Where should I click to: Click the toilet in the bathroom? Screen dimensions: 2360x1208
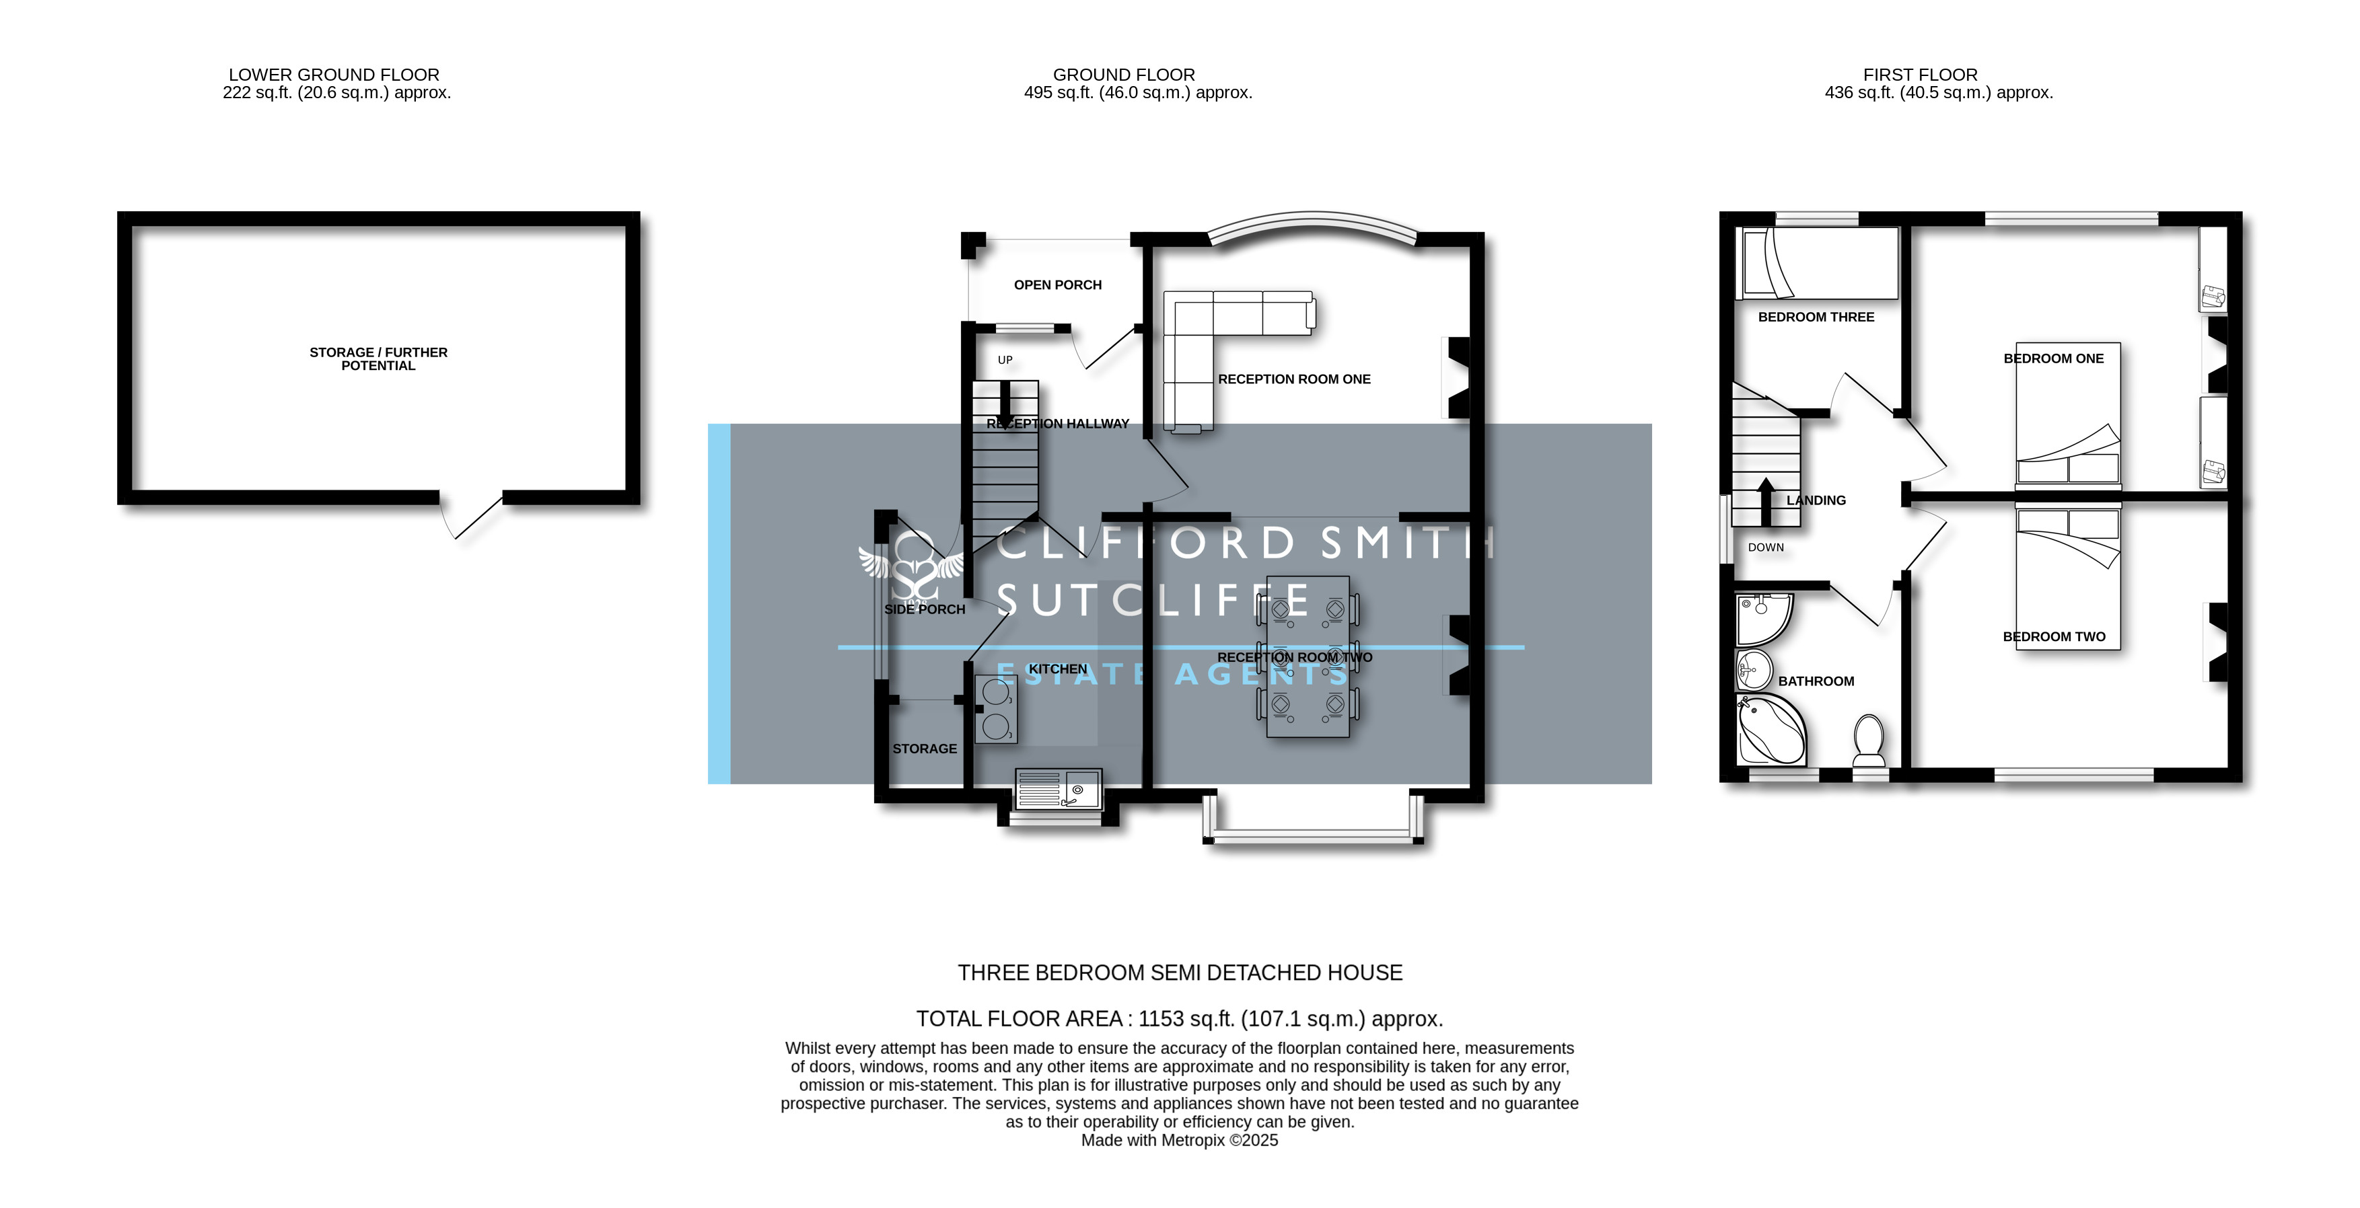(1869, 740)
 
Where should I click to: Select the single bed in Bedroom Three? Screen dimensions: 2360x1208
(1818, 264)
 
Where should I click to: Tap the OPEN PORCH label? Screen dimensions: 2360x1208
(1057, 285)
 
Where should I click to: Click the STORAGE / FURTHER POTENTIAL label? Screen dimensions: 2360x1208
(378, 359)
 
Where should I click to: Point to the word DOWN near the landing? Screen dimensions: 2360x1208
(1765, 548)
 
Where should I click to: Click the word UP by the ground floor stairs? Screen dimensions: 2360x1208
(1005, 360)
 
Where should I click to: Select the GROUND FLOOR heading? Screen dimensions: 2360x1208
(1124, 74)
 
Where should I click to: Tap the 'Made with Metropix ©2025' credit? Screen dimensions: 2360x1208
(1179, 1140)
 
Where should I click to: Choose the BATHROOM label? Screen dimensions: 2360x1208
(1816, 681)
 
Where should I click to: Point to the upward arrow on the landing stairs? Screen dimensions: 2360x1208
(1765, 502)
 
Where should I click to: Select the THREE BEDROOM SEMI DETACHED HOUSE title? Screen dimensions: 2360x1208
(1180, 973)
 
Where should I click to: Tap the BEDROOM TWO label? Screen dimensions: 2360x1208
(2054, 636)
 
